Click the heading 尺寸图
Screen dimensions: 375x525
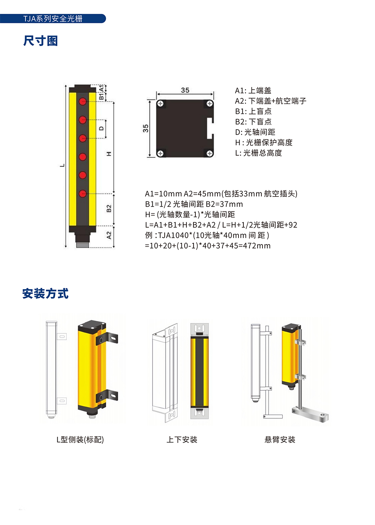[40, 41]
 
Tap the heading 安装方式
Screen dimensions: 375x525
[45, 293]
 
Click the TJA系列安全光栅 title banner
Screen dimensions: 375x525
[53, 18]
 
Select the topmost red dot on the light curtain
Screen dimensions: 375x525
[82, 102]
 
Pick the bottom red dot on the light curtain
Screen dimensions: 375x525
[82, 193]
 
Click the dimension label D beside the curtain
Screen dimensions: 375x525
[101, 128]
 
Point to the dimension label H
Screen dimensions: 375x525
[109, 154]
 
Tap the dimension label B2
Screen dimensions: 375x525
[109, 208]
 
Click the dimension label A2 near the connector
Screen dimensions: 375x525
[109, 235]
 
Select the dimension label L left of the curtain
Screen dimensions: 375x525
[62, 165]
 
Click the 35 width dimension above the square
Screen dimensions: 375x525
[185, 90]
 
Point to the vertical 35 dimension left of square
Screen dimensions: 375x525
[145, 128]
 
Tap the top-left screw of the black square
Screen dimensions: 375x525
[160, 103]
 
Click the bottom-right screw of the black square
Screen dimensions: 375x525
[209, 153]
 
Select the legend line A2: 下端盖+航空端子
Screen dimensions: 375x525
[271, 101]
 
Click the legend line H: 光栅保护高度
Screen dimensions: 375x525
[264, 142]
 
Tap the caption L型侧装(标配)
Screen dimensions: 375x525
[80, 439]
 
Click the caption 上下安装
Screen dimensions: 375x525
[182, 439]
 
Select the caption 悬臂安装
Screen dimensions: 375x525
[280, 439]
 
